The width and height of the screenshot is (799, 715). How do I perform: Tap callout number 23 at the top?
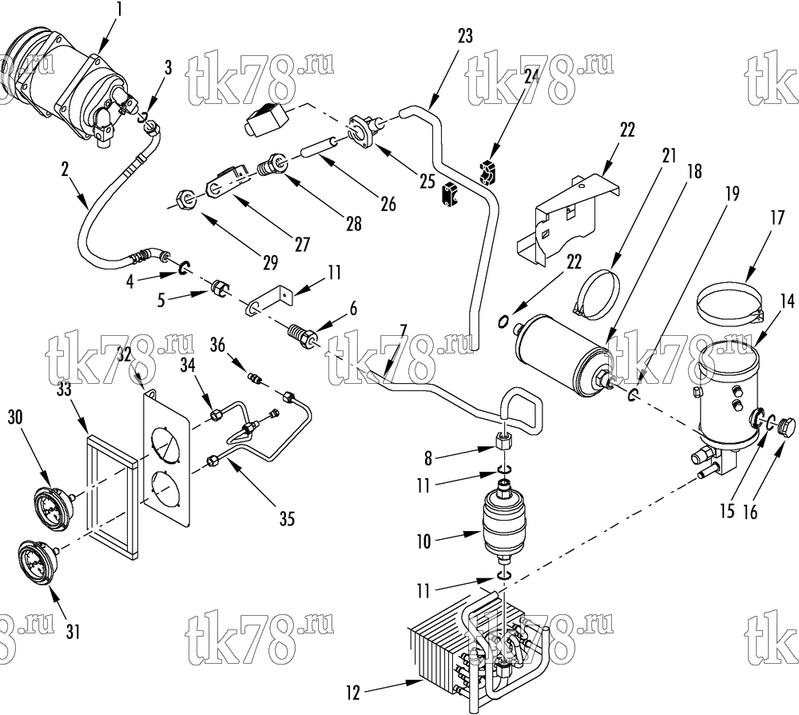[x=465, y=37]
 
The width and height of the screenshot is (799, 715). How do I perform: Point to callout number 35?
[x=288, y=519]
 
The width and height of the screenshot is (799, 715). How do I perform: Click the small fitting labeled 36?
[x=256, y=379]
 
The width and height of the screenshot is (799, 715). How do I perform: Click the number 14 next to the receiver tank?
[x=787, y=301]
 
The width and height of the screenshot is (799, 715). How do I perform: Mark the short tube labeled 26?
[x=319, y=147]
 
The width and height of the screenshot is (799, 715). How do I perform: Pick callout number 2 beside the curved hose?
[x=65, y=170]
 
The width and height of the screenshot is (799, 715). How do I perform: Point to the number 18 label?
[x=694, y=172]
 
